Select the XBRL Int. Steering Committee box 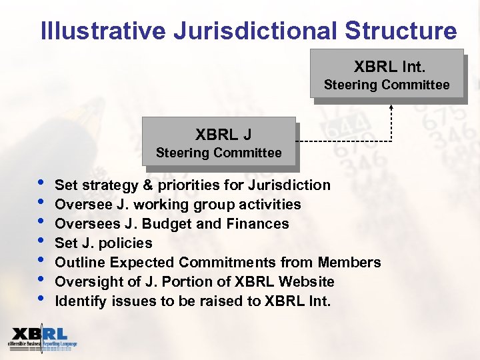click(x=387, y=74)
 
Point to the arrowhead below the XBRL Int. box click(x=391, y=107)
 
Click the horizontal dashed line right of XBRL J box click(x=343, y=142)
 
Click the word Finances click(x=257, y=223)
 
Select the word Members click(x=349, y=262)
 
